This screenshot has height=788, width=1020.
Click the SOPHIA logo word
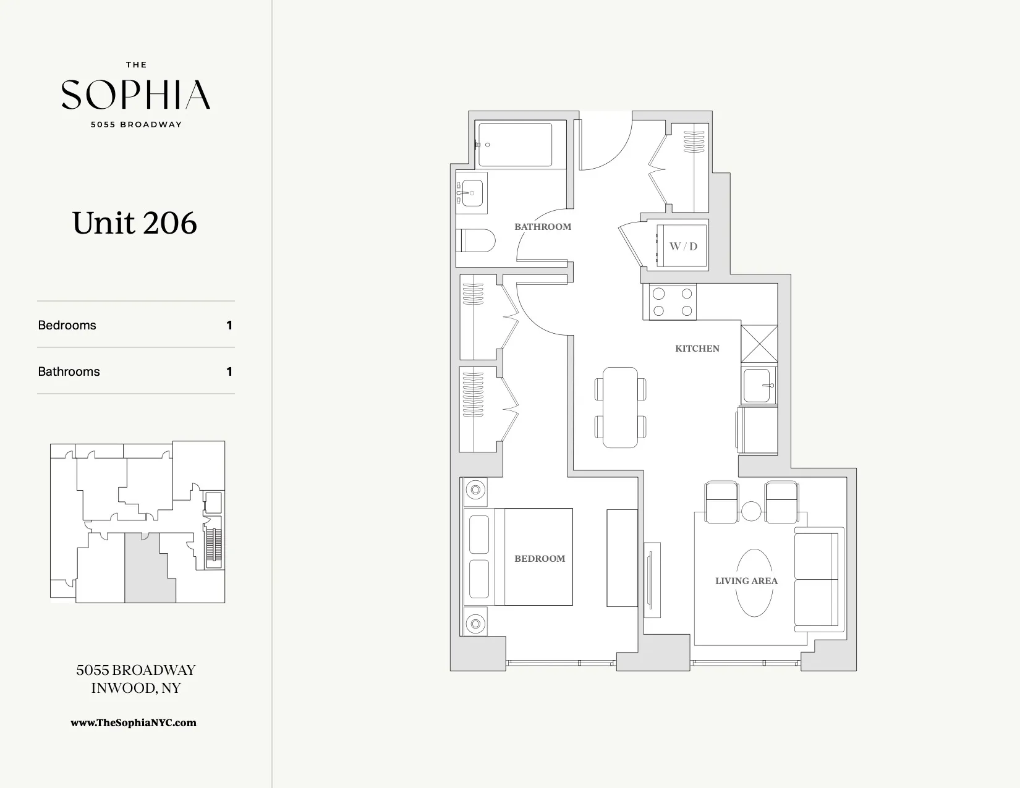click(x=135, y=95)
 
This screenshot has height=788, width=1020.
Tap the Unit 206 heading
click(x=135, y=223)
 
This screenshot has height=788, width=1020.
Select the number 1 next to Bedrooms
click(x=229, y=325)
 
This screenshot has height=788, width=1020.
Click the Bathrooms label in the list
click(x=69, y=371)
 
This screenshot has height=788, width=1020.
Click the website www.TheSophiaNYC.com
click(x=134, y=722)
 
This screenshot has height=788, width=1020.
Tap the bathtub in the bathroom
click(x=515, y=145)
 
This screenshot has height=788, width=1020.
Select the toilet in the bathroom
click(x=477, y=240)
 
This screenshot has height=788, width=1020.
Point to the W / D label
click(x=683, y=246)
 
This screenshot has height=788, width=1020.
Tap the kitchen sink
click(x=758, y=386)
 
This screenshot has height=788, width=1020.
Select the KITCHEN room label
click(x=697, y=349)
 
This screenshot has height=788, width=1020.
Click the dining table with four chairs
click(x=621, y=407)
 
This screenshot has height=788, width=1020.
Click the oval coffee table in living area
click(x=754, y=583)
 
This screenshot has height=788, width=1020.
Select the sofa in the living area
click(x=817, y=579)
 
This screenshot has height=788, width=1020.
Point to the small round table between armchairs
click(x=751, y=512)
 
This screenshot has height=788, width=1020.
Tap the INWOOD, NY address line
click(x=135, y=688)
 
